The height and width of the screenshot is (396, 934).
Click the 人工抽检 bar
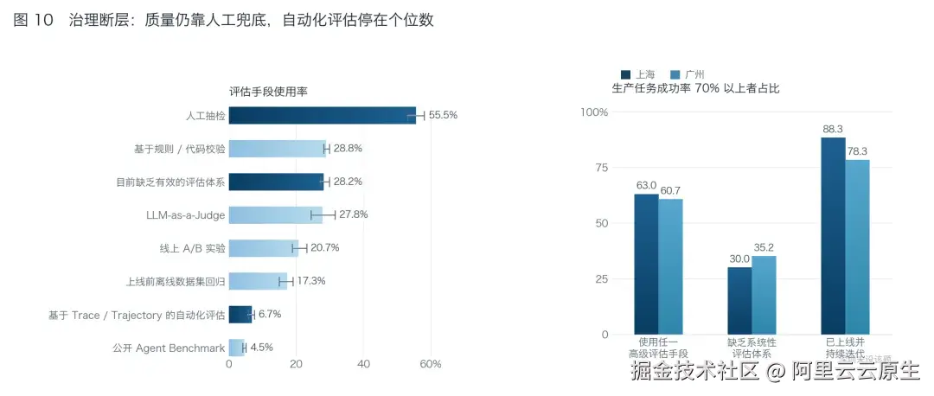323,116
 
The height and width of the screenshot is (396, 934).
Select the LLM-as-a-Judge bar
276,215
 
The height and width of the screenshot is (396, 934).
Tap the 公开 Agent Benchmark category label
170,348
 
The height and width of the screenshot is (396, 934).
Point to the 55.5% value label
443,115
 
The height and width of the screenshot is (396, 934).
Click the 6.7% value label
269,314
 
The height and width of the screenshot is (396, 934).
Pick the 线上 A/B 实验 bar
264,248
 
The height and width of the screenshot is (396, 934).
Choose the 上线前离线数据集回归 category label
176,281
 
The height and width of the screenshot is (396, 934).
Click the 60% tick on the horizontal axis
431,364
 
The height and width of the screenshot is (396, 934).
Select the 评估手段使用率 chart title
269,92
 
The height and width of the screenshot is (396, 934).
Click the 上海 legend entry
638,75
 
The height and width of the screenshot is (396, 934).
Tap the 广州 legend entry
688,75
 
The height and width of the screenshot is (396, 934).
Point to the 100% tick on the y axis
593,112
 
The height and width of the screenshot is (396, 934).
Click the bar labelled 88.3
833,236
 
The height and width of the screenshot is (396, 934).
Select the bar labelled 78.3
857,246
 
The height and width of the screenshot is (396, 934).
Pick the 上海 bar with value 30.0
739,301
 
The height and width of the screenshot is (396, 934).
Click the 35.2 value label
764,247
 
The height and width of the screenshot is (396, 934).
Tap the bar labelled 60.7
671,266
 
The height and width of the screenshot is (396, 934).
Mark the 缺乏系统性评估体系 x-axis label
752,348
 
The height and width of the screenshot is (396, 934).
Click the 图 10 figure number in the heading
34,20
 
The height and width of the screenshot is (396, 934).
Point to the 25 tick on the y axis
601,278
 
